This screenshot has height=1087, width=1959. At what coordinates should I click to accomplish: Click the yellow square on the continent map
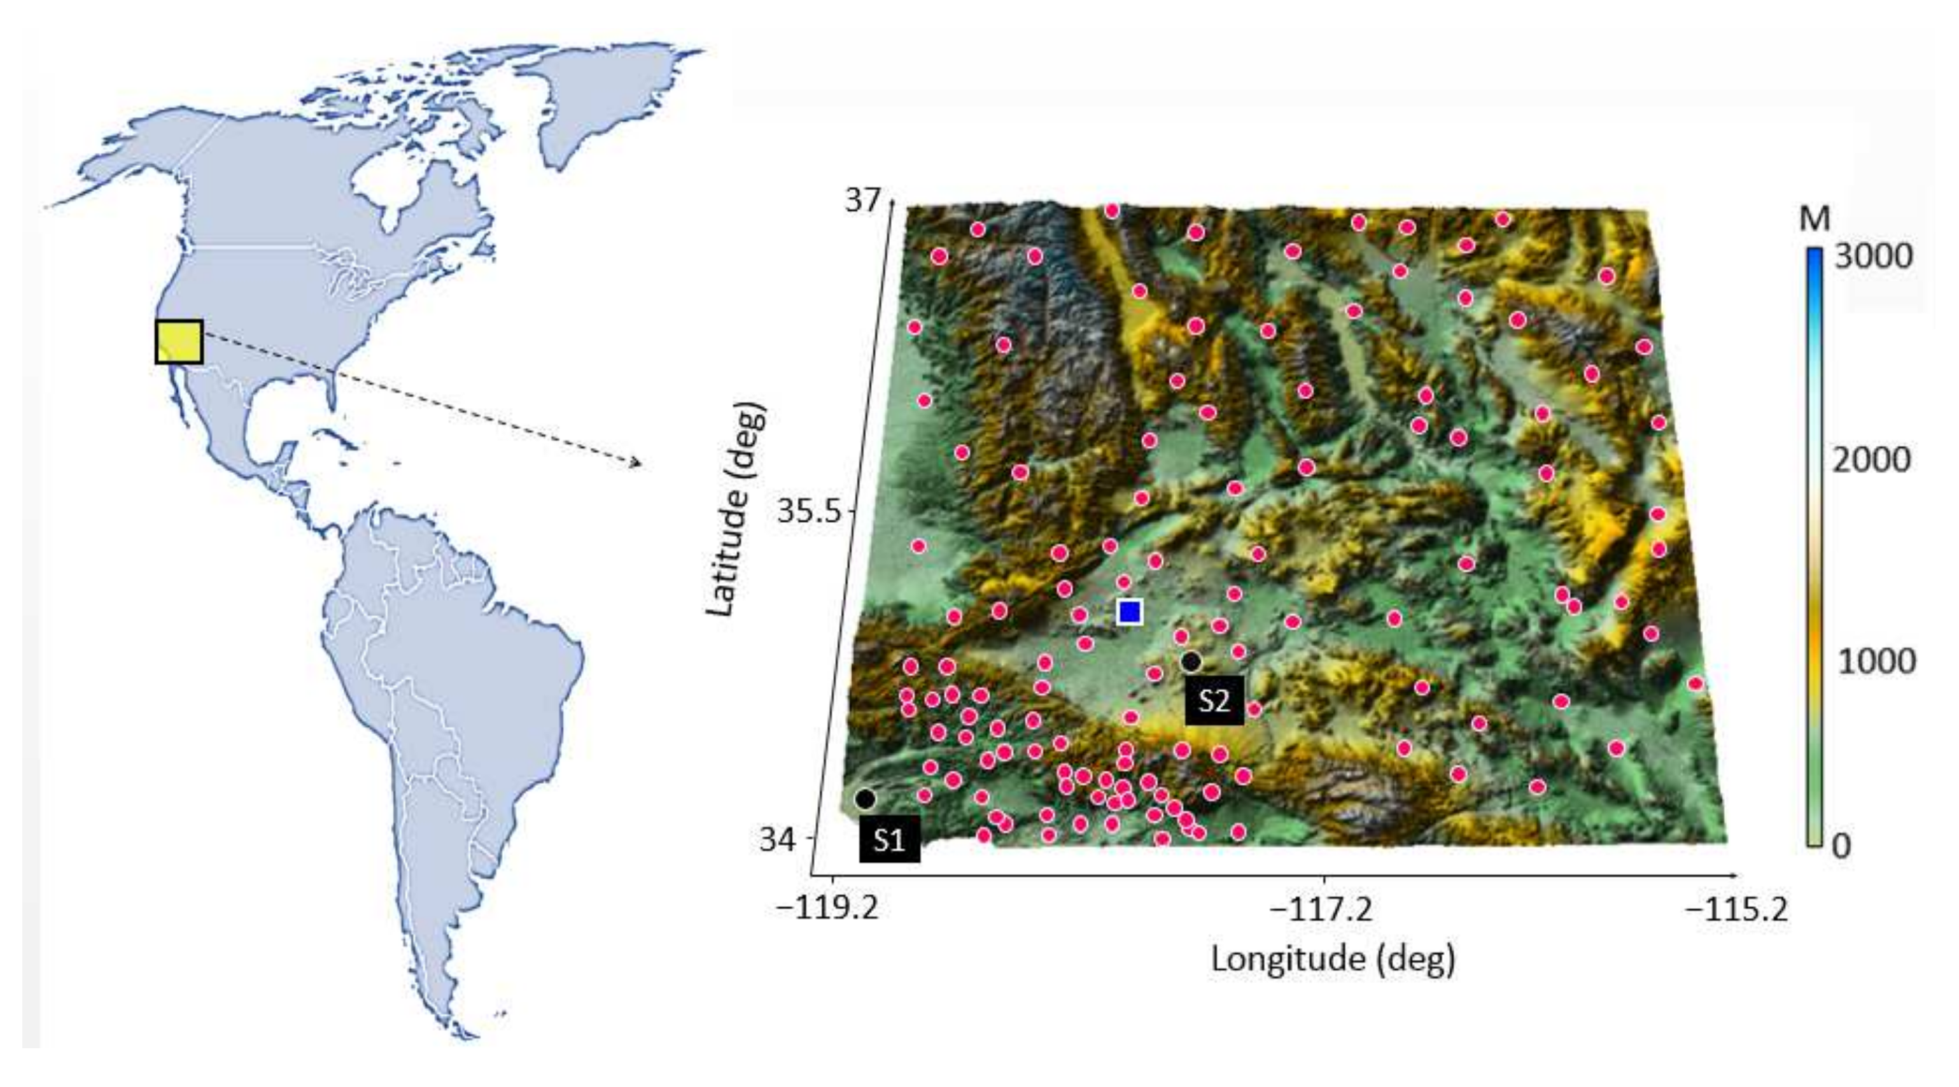(x=179, y=341)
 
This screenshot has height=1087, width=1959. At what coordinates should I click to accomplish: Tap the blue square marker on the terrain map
(x=1130, y=611)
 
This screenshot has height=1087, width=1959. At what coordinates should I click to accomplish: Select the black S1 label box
(x=890, y=839)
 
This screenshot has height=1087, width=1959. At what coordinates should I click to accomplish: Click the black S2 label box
(x=1214, y=700)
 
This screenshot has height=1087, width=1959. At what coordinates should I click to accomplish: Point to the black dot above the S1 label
(x=866, y=799)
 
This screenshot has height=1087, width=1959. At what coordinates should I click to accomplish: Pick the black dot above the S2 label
(x=1191, y=662)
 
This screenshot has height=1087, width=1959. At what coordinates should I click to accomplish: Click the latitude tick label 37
(x=862, y=200)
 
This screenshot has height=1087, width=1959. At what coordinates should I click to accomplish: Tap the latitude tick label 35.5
(x=811, y=512)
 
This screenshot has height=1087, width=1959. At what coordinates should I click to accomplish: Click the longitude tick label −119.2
(x=827, y=908)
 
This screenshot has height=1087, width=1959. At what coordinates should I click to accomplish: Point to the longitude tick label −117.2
(x=1323, y=908)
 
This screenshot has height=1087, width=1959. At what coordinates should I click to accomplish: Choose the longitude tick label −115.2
(x=1737, y=908)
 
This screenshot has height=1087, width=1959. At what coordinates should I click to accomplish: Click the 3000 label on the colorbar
(x=1873, y=257)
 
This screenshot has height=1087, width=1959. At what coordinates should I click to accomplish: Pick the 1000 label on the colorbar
(x=1876, y=662)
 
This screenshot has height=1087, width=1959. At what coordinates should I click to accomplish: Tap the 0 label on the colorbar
(x=1841, y=845)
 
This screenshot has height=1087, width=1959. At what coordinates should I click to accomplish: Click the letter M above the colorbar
(x=1815, y=219)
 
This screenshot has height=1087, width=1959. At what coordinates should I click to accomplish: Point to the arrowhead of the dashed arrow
(x=638, y=462)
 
